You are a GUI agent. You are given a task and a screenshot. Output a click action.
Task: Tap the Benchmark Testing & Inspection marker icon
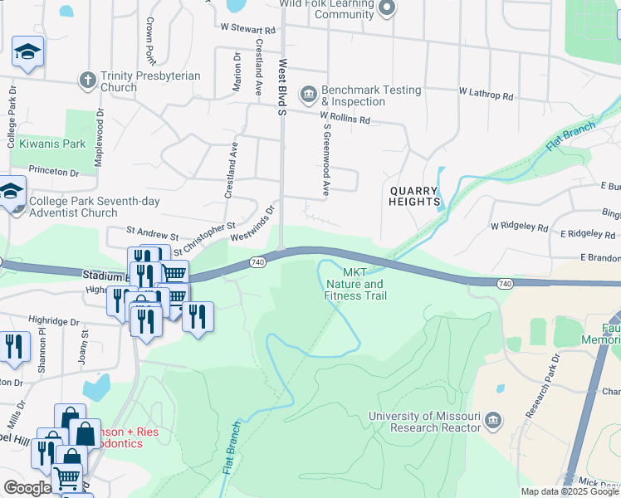click(309, 92)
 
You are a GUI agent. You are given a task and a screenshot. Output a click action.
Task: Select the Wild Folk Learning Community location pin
click(386, 8)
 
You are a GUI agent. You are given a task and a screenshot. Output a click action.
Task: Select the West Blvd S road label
click(282, 88)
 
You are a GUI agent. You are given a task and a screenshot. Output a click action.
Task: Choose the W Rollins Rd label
click(345, 119)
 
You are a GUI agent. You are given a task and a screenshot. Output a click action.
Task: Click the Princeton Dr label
click(52, 172)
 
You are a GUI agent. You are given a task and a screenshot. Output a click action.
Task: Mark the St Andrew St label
click(152, 237)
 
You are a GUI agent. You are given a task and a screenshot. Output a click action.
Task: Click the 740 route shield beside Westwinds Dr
click(257, 262)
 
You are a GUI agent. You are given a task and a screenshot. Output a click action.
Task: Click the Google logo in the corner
click(27, 488)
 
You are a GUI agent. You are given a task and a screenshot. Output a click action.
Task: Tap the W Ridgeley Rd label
click(519, 226)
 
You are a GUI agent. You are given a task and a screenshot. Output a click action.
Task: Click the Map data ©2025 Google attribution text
click(570, 491)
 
